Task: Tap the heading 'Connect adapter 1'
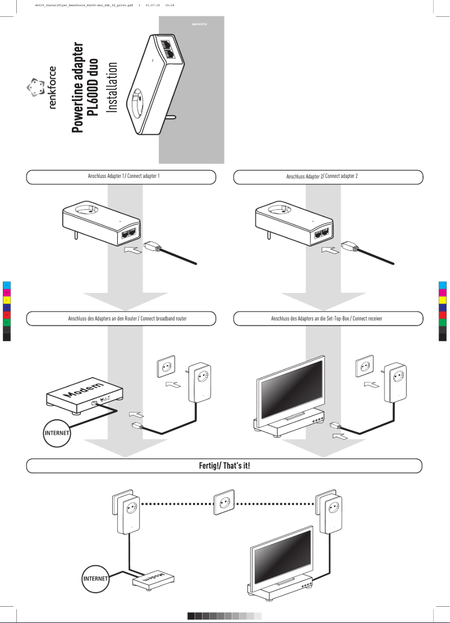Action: pyautogui.click(x=122, y=177)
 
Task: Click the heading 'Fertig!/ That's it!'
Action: pyautogui.click(x=224, y=466)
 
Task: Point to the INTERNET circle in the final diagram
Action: pyautogui.click(x=94, y=578)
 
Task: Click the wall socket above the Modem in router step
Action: pyautogui.click(x=166, y=367)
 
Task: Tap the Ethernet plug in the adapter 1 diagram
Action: pyautogui.click(x=153, y=246)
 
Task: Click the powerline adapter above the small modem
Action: pyautogui.click(x=129, y=515)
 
